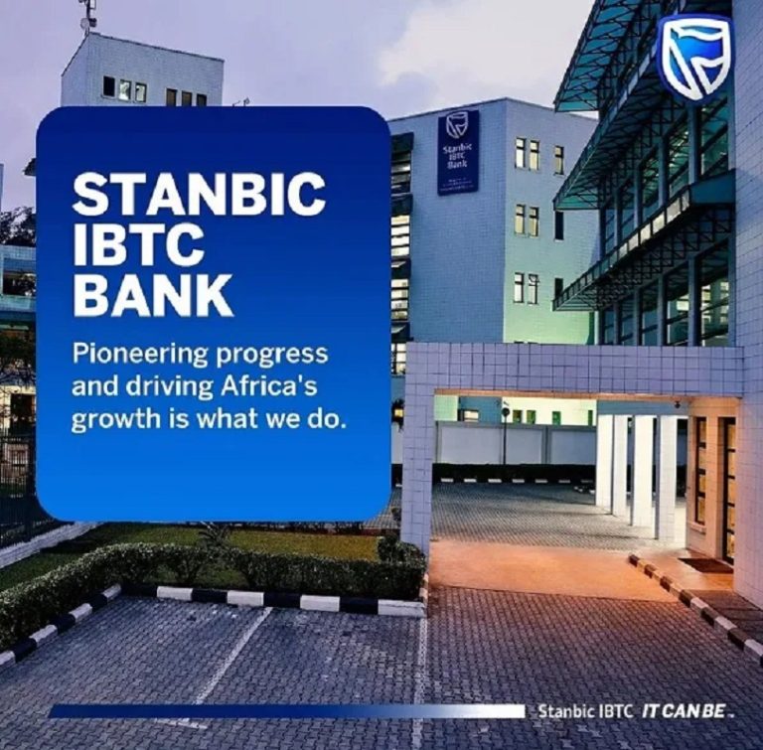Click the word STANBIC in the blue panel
[x=199, y=194]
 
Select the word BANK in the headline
[x=152, y=295]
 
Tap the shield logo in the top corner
[x=694, y=58]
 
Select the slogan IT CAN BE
[x=687, y=711]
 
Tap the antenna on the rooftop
[x=88, y=15]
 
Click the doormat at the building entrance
[x=705, y=564]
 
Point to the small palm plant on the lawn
[x=215, y=536]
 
